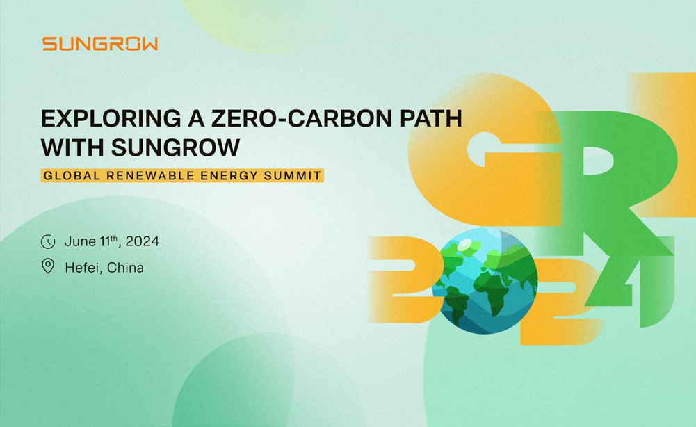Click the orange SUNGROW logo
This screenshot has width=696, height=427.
pyautogui.click(x=100, y=44)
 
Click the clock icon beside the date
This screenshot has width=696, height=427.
pyautogui.click(x=48, y=242)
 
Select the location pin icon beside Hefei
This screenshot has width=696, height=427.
pyautogui.click(x=48, y=266)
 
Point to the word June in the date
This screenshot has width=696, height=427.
pyautogui.click(x=80, y=242)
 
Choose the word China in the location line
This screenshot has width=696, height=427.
pyautogui.click(x=126, y=267)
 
